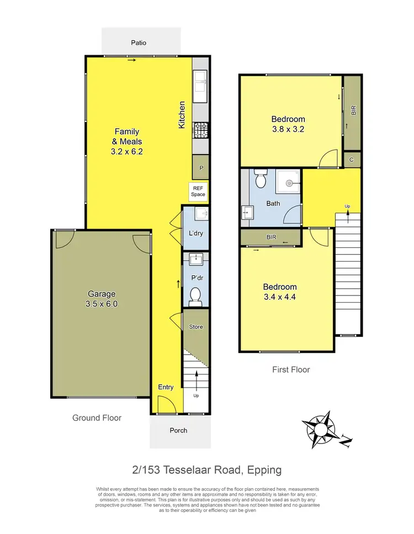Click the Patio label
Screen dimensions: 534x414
tap(139, 43)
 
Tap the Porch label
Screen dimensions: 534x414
tap(178, 430)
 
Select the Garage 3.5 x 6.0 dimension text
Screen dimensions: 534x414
tap(101, 304)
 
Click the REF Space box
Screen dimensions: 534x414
tap(198, 191)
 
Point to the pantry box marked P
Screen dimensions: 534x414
tap(200, 167)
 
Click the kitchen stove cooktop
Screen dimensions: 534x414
tap(200, 130)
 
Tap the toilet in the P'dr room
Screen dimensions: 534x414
tap(195, 296)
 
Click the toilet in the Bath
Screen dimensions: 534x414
tap(261, 180)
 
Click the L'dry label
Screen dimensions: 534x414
tap(196, 233)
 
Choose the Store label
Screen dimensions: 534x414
tap(196, 327)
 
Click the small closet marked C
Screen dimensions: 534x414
tap(352, 160)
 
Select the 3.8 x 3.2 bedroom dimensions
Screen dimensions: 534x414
tap(288, 130)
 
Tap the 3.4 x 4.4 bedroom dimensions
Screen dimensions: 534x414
tap(279, 297)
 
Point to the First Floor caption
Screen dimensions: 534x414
tap(291, 369)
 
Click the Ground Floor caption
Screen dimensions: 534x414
tap(97, 418)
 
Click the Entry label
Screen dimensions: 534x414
tap(166, 387)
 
